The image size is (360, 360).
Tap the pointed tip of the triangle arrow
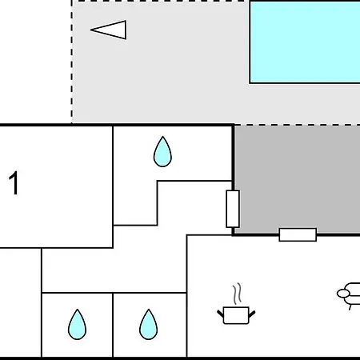90,30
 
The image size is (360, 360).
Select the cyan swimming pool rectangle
305,42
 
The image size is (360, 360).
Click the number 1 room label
14,183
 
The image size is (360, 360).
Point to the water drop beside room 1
162,152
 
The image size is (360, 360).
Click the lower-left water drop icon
77,325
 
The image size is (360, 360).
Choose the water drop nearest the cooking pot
149,325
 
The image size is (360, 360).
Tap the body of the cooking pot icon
236,315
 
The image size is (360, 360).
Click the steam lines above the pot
237,294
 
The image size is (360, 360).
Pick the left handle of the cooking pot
220,314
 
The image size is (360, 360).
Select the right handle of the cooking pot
252,314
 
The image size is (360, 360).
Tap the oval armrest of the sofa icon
343,294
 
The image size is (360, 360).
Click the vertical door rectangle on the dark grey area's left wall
233,209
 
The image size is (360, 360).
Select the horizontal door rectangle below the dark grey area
298,234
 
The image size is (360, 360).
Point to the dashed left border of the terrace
72,62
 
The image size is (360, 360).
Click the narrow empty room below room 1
21,302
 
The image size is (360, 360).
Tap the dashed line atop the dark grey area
298,125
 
